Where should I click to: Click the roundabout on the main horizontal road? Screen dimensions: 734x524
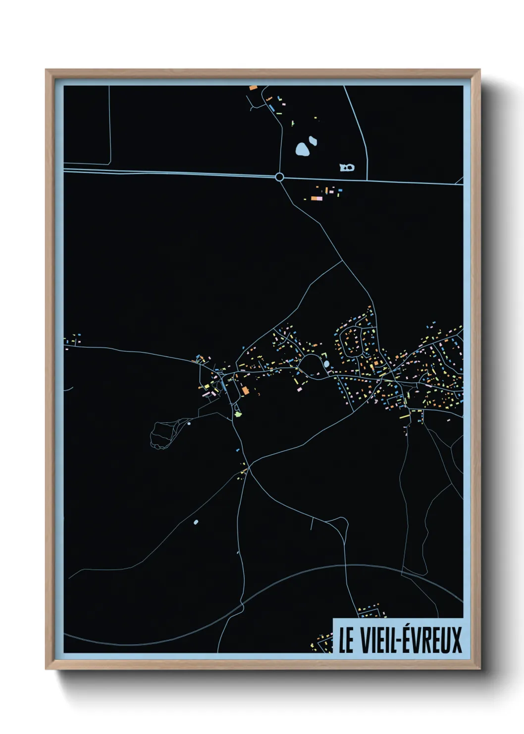[279, 177]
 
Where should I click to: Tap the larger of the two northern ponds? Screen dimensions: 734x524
[302, 149]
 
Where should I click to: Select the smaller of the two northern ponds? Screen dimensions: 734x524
[313, 141]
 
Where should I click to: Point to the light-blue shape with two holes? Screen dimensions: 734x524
[347, 168]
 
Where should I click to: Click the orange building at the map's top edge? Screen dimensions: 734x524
[253, 88]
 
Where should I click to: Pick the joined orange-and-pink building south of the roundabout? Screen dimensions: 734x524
[316, 198]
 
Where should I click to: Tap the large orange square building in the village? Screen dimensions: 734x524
[245, 390]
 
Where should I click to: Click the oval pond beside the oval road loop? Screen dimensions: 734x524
[326, 365]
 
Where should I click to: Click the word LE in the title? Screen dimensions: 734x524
[346, 640]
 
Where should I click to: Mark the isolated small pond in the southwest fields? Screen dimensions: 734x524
[196, 522]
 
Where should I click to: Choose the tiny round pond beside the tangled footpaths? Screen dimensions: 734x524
[189, 424]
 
